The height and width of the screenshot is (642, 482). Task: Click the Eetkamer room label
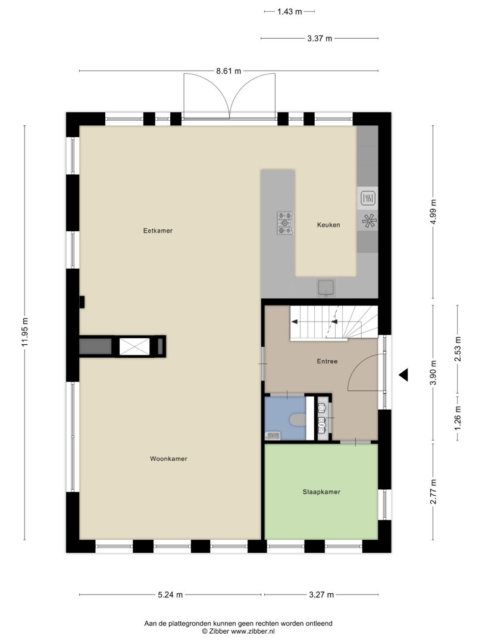(x=158, y=231)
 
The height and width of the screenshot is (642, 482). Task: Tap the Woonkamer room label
(x=168, y=458)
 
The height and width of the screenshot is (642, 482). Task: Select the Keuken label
(x=328, y=225)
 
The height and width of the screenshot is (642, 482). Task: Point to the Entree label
(x=327, y=361)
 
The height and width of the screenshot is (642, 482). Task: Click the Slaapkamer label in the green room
(x=321, y=492)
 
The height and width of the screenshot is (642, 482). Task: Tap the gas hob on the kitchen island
(x=285, y=223)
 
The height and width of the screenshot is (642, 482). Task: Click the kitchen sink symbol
(x=326, y=288)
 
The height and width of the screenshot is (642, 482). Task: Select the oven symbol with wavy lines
(x=368, y=199)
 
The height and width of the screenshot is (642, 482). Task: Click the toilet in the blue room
(x=297, y=420)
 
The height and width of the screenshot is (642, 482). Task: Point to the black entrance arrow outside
(x=403, y=374)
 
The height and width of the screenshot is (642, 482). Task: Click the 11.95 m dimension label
(x=24, y=332)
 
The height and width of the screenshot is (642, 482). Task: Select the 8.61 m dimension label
(x=229, y=71)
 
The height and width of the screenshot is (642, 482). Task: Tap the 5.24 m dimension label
(x=170, y=595)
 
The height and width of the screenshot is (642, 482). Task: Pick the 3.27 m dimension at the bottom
(x=321, y=595)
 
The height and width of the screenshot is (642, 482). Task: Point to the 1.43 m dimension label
(x=289, y=11)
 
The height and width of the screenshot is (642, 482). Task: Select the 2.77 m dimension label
(x=434, y=492)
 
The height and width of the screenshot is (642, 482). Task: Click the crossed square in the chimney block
(x=134, y=346)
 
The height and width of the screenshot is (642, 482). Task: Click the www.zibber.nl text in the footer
(x=253, y=631)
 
